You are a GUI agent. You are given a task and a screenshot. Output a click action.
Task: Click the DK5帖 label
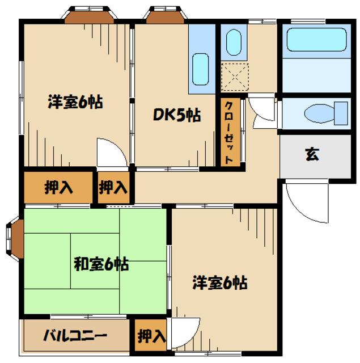(x=176, y=115)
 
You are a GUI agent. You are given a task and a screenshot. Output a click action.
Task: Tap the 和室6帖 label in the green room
(x=101, y=264)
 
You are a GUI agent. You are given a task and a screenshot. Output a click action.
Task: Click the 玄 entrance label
(x=311, y=154)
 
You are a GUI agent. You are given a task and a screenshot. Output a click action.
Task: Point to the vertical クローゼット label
(x=228, y=133)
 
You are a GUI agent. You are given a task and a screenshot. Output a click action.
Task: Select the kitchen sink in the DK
(x=201, y=68)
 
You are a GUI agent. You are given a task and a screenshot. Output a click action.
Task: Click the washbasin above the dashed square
(x=233, y=41)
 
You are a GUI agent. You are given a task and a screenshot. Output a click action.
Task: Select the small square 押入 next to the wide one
(x=113, y=188)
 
